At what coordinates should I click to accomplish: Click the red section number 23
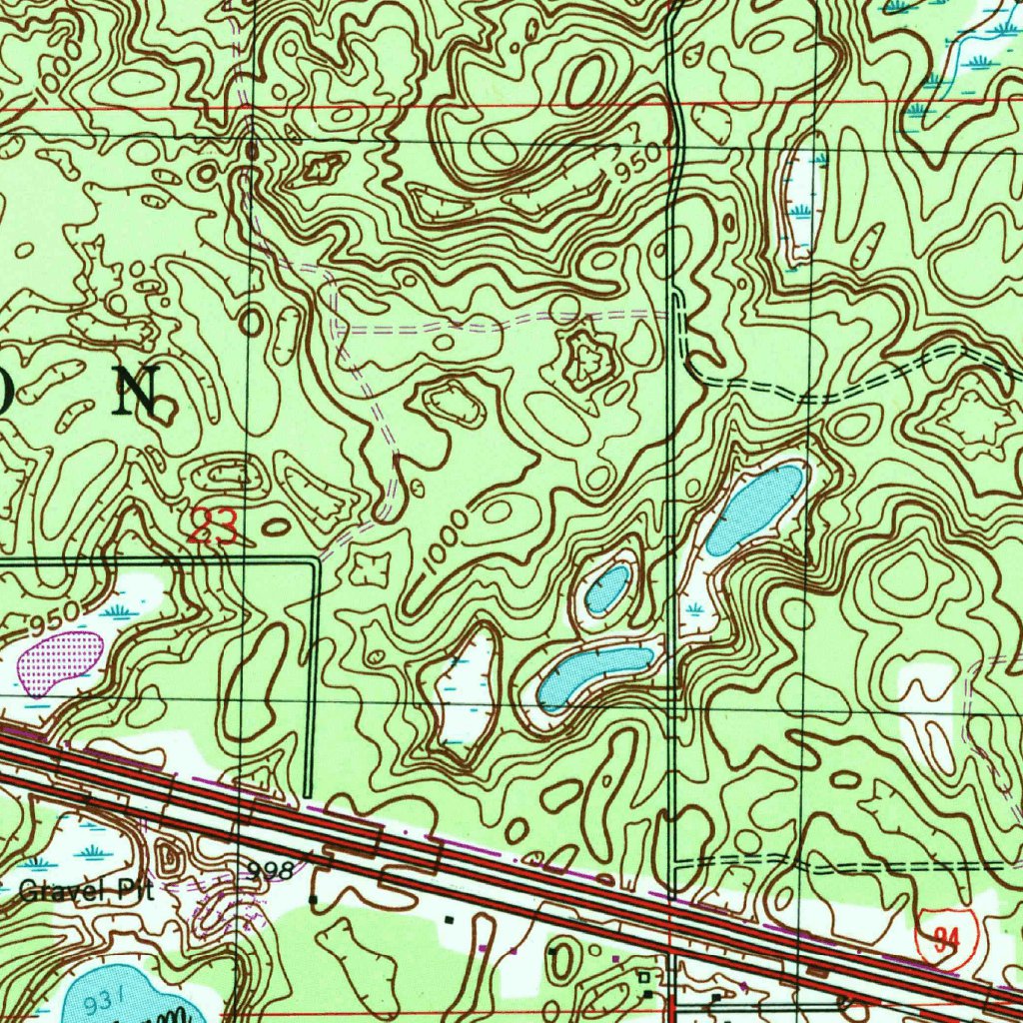pos(214,527)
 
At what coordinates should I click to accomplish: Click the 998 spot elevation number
pos(271,872)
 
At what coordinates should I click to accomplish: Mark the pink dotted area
pos(62,660)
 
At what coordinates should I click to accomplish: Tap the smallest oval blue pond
pos(608,588)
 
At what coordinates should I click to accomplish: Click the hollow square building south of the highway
pos(644,976)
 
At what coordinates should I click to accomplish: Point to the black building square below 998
pos(314,900)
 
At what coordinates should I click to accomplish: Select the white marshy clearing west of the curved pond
pos(466,689)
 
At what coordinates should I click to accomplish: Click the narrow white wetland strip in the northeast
pos(802,204)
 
